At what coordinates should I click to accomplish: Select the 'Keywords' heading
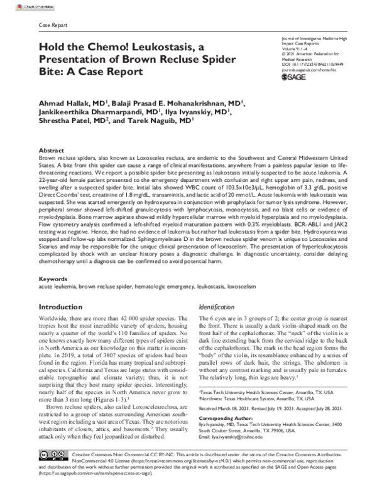(53, 277)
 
